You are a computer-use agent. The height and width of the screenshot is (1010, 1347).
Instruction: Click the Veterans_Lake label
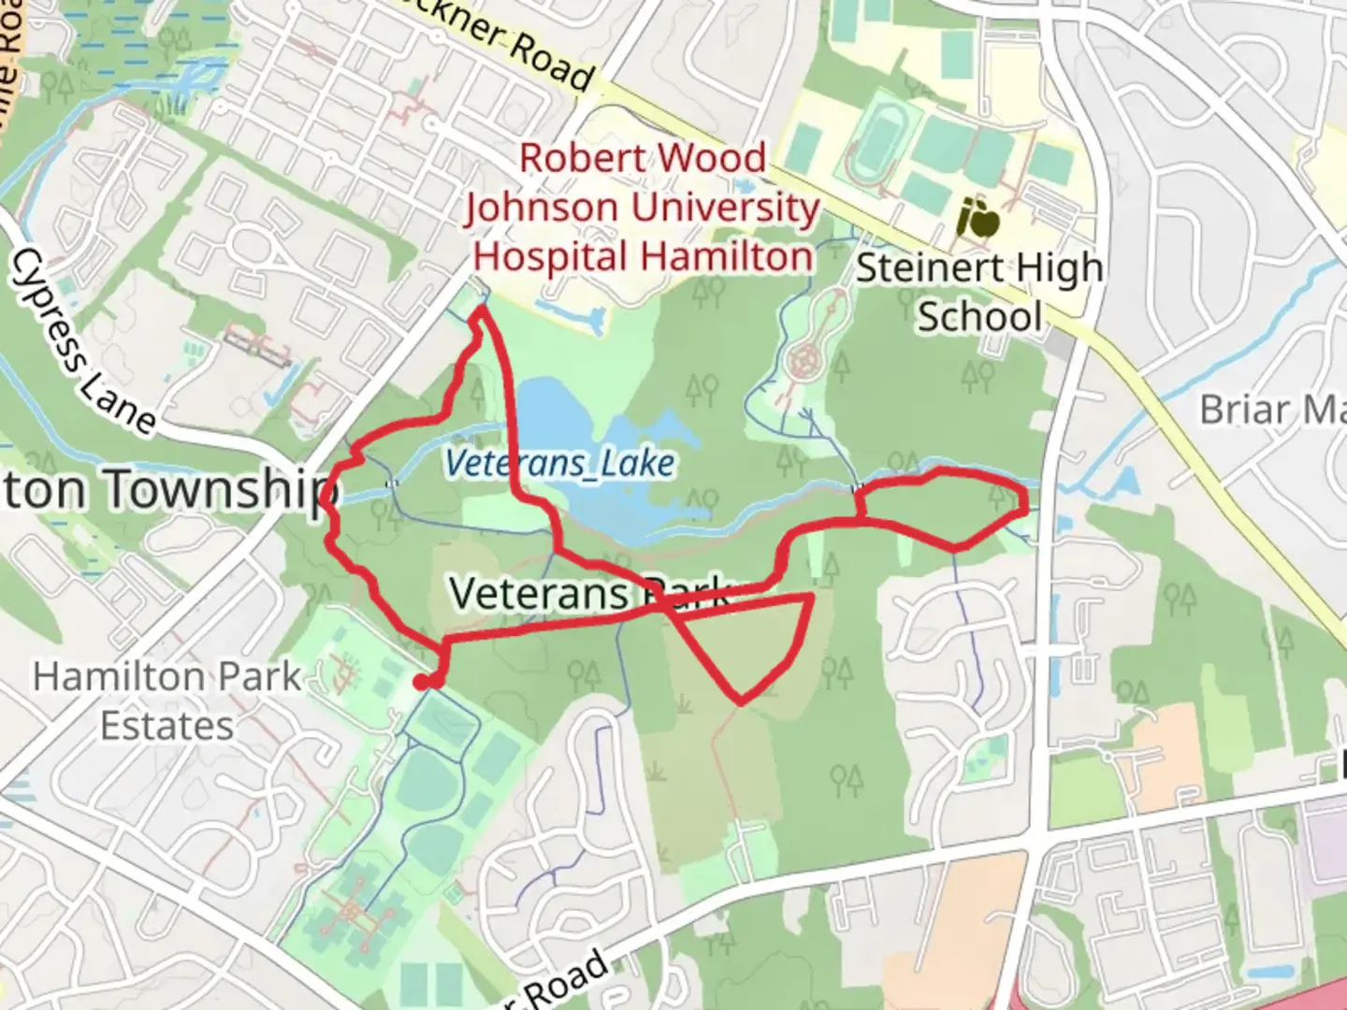coord(559,463)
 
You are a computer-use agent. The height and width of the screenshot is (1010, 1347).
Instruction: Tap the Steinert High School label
coord(978,292)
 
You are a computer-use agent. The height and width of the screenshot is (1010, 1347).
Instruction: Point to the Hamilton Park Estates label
coord(167,700)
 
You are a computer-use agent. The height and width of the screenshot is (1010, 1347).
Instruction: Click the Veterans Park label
coord(589,593)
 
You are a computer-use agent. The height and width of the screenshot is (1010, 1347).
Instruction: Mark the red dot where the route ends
coord(427,682)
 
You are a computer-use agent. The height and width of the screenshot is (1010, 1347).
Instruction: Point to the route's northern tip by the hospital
coord(482,310)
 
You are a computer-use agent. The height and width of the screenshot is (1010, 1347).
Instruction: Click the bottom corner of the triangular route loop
coord(742,700)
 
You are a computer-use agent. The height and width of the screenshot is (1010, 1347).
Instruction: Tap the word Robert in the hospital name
coord(576,158)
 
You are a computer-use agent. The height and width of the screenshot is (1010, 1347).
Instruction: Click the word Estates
coord(167,726)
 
